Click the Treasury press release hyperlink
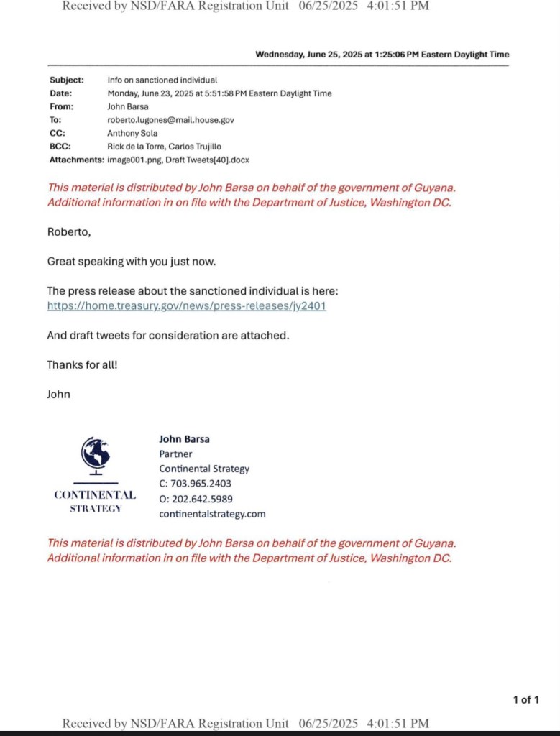click(187, 305)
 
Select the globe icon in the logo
click(95, 454)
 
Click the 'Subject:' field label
click(66, 80)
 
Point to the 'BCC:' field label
click(60, 146)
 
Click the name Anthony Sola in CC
click(132, 133)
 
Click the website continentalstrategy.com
click(212, 514)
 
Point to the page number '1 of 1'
click(525, 699)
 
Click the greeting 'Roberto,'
click(69, 231)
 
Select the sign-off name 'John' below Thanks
click(58, 394)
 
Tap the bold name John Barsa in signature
click(184, 438)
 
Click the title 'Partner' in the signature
click(175, 454)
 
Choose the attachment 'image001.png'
click(134, 160)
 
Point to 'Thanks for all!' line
click(82, 364)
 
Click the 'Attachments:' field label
click(77, 160)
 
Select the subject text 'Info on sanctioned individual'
click(162, 80)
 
